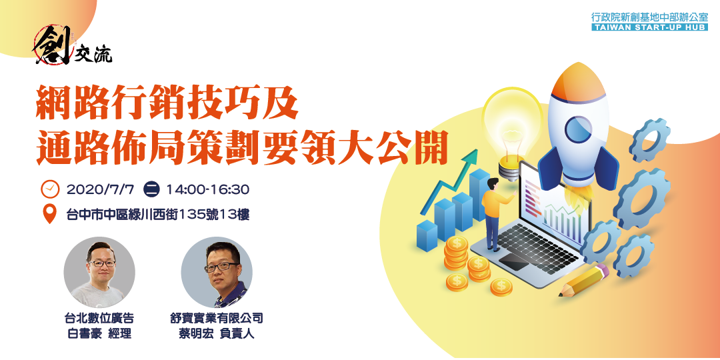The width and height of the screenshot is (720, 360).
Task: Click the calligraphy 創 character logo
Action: pyautogui.click(x=53, y=45)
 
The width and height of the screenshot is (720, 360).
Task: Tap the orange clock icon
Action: pyautogui.click(x=50, y=189)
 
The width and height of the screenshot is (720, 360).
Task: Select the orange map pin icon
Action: pyautogui.click(x=50, y=215)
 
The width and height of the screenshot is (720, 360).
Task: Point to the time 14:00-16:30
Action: pyautogui.click(x=208, y=189)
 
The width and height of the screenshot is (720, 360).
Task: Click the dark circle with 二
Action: pyautogui.click(x=151, y=189)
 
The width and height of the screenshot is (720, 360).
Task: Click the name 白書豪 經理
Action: pyautogui.click(x=99, y=333)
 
